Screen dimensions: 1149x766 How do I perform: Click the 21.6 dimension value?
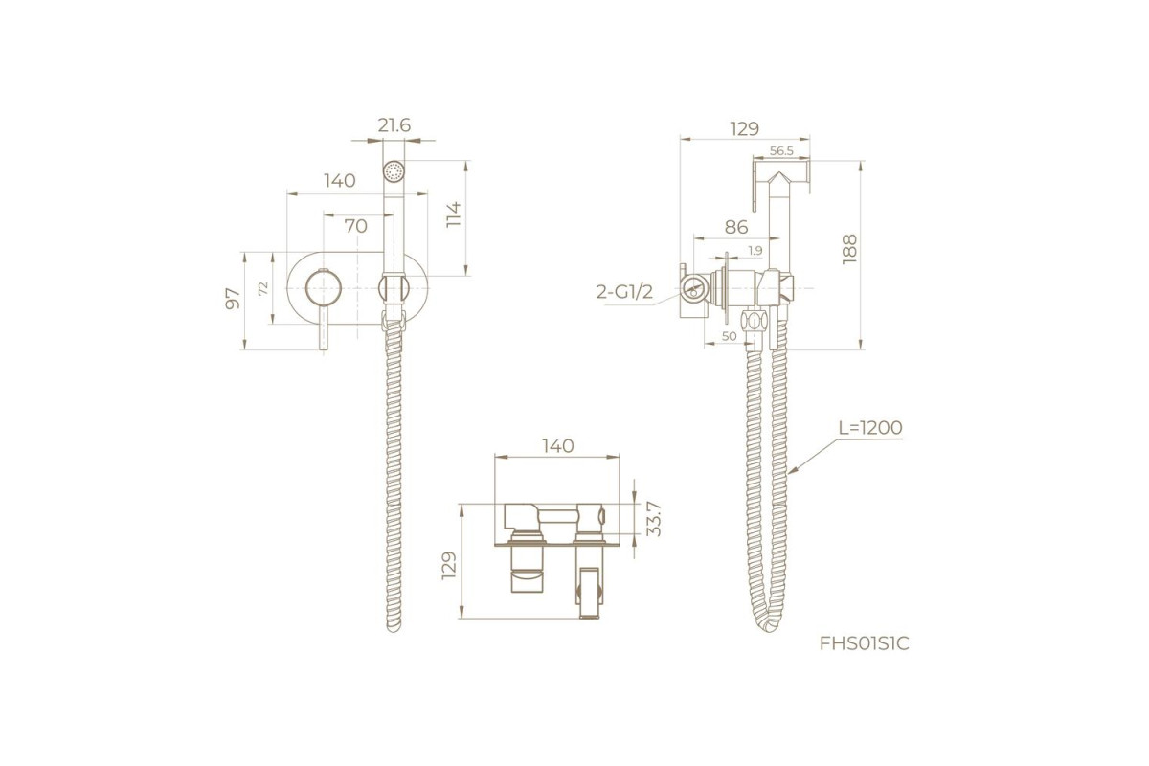(394, 125)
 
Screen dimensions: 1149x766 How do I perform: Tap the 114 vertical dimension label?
(454, 215)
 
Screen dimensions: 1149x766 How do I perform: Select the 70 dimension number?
(355, 226)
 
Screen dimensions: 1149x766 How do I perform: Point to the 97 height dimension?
(233, 298)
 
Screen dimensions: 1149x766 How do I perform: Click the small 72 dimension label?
(263, 288)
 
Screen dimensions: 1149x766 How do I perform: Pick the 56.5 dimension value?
(781, 151)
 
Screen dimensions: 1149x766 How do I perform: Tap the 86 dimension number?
(736, 227)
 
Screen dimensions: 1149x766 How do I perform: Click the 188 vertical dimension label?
(849, 249)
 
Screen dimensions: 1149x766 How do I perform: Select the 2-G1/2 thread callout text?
(624, 292)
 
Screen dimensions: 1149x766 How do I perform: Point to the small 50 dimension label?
(729, 336)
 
